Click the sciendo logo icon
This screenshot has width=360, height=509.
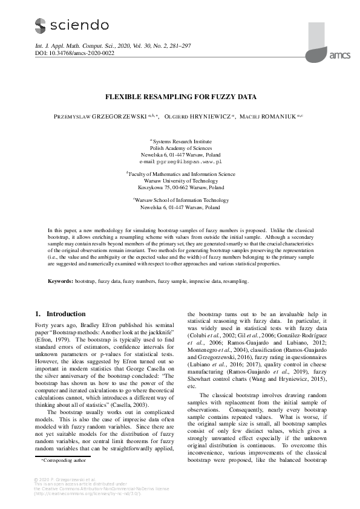click(x=40, y=25)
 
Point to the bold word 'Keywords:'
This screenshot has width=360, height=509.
click(x=61, y=282)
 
